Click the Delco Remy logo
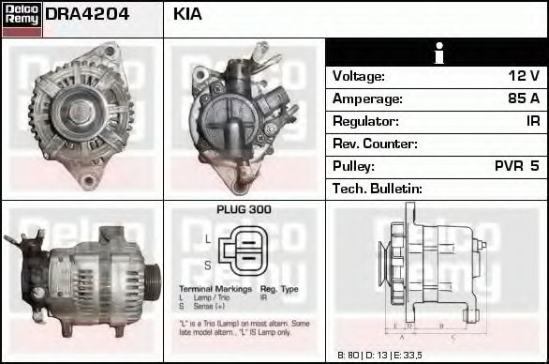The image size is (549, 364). click(22, 18)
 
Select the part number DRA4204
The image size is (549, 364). click(87, 15)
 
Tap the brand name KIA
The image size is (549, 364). click(188, 15)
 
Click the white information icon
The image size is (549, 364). click(438, 53)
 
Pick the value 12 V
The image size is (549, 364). click(523, 76)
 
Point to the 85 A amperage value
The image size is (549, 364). click(522, 99)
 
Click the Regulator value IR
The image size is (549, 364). click(532, 121)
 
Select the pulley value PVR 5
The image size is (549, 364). click(516, 166)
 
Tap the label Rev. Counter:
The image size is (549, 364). click(375, 144)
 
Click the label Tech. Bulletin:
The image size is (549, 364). click(378, 189)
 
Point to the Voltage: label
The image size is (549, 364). click(359, 76)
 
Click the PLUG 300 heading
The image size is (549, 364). click(244, 210)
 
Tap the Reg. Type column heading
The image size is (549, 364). click(279, 289)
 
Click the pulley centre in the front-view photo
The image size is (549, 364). click(81, 113)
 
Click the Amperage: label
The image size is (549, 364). click(367, 99)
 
